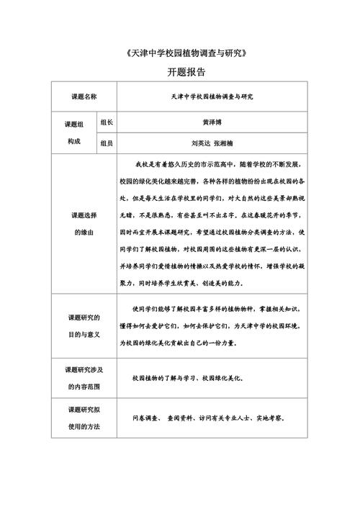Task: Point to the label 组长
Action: (x=107, y=122)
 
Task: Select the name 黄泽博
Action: (x=210, y=122)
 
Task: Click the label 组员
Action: (x=107, y=143)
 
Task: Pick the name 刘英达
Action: (x=197, y=143)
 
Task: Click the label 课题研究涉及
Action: (x=86, y=369)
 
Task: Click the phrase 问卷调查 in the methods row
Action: (x=146, y=418)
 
